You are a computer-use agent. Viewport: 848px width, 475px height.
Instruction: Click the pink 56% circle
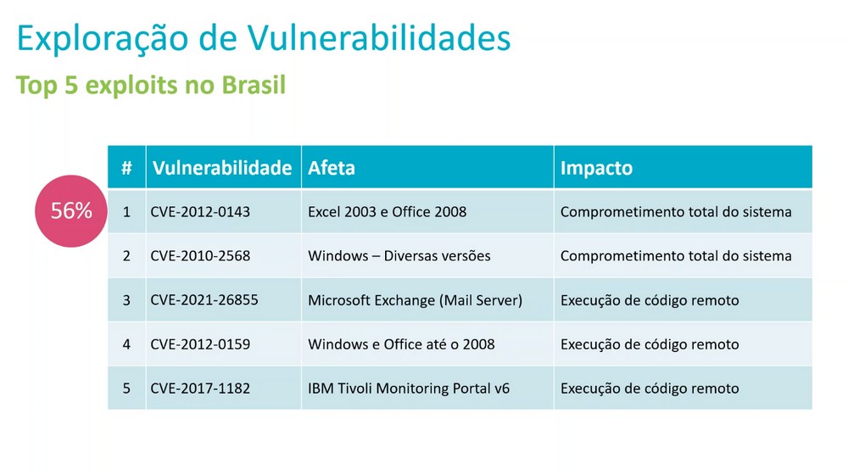[x=71, y=211]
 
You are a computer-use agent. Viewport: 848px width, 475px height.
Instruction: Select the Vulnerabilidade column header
[x=222, y=168]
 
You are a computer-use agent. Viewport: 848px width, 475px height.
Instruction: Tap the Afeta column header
[x=332, y=168]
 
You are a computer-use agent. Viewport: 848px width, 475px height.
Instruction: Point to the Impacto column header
[x=596, y=168]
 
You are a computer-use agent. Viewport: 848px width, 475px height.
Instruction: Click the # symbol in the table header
[x=126, y=168]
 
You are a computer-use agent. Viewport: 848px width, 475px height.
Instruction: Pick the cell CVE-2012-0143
[x=200, y=211]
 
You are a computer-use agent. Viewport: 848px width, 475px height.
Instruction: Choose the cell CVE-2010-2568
[x=200, y=256]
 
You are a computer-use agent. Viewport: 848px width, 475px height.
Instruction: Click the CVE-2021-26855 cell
[x=204, y=299]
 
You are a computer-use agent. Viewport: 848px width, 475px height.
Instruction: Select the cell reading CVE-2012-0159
[x=200, y=344]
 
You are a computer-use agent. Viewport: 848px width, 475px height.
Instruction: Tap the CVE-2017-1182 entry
[x=200, y=388]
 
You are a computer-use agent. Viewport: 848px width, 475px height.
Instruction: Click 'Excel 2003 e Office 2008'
[x=388, y=211]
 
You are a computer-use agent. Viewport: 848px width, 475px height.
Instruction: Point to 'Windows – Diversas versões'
[x=399, y=256]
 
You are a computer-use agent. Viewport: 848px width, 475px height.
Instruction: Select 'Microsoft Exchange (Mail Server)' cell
[x=416, y=300]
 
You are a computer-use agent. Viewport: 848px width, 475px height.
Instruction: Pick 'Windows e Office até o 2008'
[x=401, y=344]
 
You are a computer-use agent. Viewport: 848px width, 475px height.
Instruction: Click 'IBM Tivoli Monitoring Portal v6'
[x=409, y=388]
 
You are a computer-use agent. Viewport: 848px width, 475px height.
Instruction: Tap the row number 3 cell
[x=126, y=300]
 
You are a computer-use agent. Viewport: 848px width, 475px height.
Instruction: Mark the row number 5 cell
[x=126, y=388]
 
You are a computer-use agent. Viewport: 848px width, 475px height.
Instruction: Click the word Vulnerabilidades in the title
[x=379, y=38]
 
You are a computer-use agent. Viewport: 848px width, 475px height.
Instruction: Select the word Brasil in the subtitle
[x=254, y=85]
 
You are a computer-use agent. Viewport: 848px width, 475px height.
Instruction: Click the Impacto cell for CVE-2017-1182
[x=650, y=388]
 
